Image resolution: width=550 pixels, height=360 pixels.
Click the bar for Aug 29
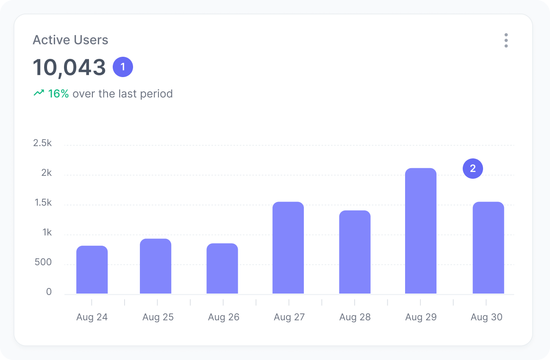pyautogui.click(x=420, y=231)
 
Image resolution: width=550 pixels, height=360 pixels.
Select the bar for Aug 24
pyautogui.click(x=92, y=270)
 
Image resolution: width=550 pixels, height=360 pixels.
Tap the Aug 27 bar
pyautogui.click(x=288, y=248)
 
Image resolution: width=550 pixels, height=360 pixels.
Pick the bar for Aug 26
pyautogui.click(x=222, y=269)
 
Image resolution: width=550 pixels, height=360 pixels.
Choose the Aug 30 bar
pyautogui.click(x=488, y=248)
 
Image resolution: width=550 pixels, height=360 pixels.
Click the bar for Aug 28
pyautogui.click(x=355, y=252)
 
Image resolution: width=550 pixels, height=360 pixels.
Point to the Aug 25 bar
pyautogui.click(x=156, y=266)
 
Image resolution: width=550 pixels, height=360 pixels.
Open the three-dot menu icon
pyautogui.click(x=506, y=40)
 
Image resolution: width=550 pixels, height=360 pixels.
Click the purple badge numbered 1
pyautogui.click(x=123, y=67)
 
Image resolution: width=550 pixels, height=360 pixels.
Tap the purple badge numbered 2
pyautogui.click(x=473, y=169)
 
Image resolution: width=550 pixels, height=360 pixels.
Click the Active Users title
pyautogui.click(x=70, y=40)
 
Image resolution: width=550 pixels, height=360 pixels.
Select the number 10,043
pyautogui.click(x=69, y=67)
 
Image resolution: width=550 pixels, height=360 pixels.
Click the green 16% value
pyautogui.click(x=58, y=94)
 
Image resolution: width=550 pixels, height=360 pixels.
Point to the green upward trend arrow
pyautogui.click(x=39, y=93)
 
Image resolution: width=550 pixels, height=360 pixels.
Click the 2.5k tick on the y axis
pyautogui.click(x=42, y=143)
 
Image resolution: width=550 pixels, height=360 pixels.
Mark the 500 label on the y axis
pyautogui.click(x=42, y=262)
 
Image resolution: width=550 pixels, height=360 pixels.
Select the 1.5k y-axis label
pyautogui.click(x=42, y=203)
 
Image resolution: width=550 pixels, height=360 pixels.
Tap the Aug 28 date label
pyautogui.click(x=355, y=317)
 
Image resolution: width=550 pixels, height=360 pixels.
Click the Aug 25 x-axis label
pyautogui.click(x=158, y=317)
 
